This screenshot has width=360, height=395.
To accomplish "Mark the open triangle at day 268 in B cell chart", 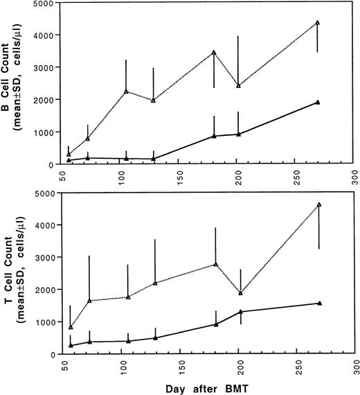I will (x=317, y=22).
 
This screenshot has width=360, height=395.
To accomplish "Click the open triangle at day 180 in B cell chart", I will (x=215, y=52).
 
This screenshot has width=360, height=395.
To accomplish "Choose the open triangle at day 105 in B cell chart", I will (x=126, y=91).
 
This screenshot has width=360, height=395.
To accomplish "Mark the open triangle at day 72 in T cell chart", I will (x=89, y=300).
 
